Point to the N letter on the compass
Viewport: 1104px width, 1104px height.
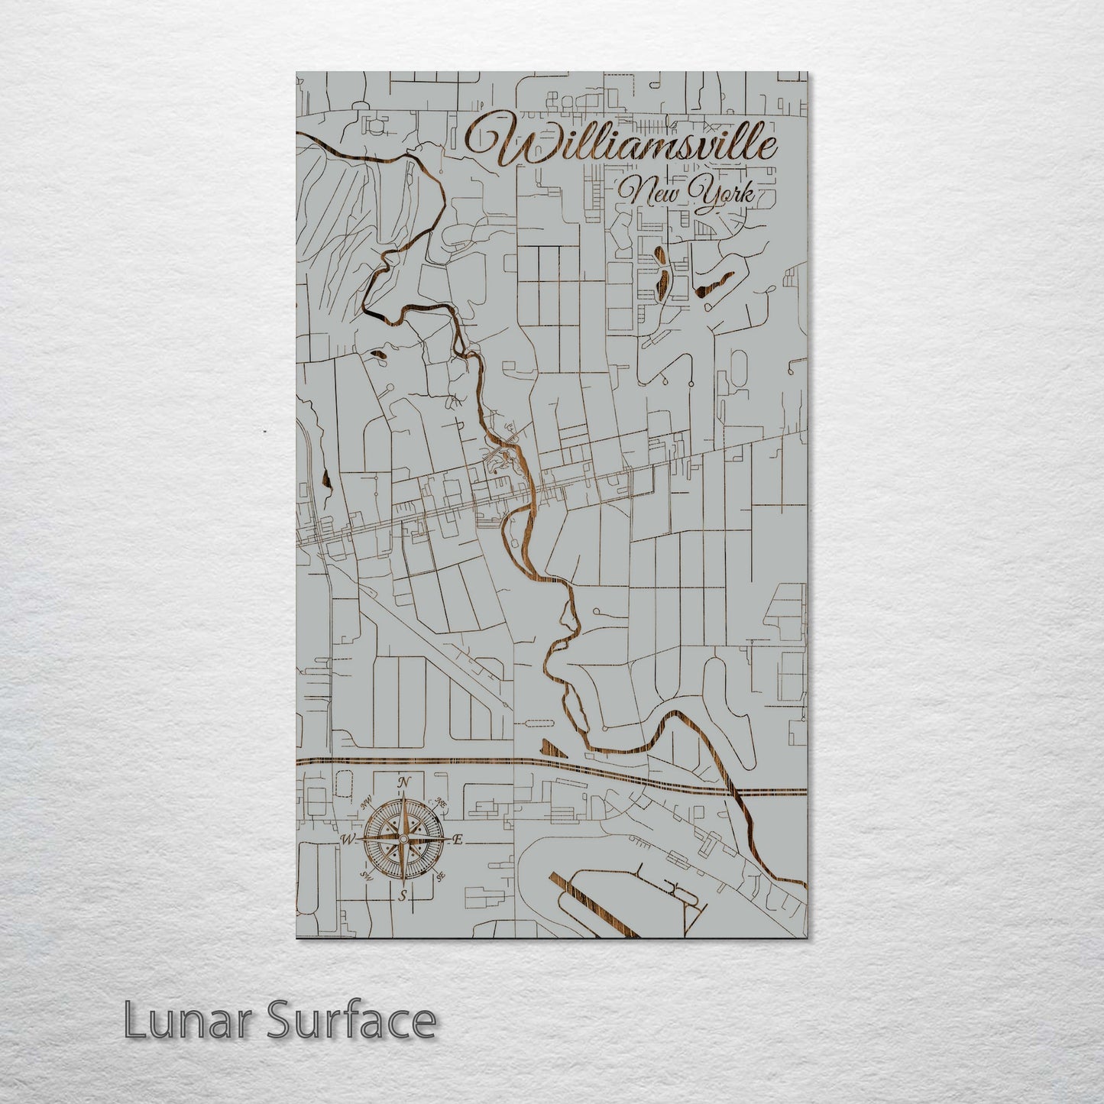[x=404, y=782]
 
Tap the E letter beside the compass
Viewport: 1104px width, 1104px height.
[x=458, y=840]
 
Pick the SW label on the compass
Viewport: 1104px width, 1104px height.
[x=366, y=877]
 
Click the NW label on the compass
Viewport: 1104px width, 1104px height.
[x=367, y=801]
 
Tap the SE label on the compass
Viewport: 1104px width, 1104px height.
[x=441, y=876]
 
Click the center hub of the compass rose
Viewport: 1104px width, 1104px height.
[x=403, y=840]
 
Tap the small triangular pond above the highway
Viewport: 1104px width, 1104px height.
[x=552, y=748]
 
